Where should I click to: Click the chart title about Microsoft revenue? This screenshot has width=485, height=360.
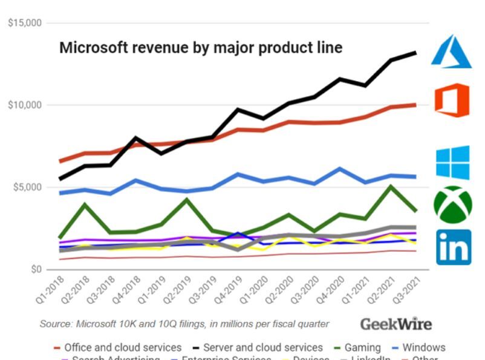click(201, 48)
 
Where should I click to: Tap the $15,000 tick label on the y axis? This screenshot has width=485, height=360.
click(25, 24)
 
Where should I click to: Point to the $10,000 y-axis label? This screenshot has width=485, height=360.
click(25, 105)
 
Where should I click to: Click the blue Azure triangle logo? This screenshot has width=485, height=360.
click(451, 51)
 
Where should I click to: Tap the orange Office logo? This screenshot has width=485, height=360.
click(452, 100)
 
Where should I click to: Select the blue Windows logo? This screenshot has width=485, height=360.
click(452, 162)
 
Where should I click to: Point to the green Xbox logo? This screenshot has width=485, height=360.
click(452, 205)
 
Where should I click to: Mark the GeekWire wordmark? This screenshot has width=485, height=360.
click(396, 324)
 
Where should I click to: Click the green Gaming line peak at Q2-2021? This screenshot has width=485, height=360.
click(392, 186)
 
